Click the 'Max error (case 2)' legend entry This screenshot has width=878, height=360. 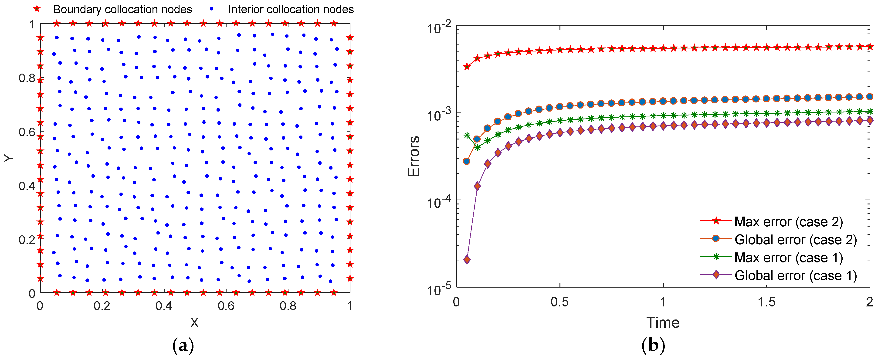click(788, 222)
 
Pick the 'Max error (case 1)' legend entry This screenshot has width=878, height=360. click(788, 258)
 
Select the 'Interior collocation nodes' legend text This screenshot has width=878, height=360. click(291, 10)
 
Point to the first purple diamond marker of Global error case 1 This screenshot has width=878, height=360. click(467, 260)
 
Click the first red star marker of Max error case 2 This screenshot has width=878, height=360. click(467, 67)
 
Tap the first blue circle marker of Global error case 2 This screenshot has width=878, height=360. click(467, 161)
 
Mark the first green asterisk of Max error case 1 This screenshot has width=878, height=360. click(467, 135)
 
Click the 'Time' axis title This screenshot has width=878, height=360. click(663, 323)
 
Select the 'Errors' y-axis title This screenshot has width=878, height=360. click(414, 156)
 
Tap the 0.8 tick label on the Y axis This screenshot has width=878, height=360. click(27, 78)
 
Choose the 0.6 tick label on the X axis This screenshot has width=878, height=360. click(226, 306)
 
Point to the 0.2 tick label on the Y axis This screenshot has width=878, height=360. click(27, 240)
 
